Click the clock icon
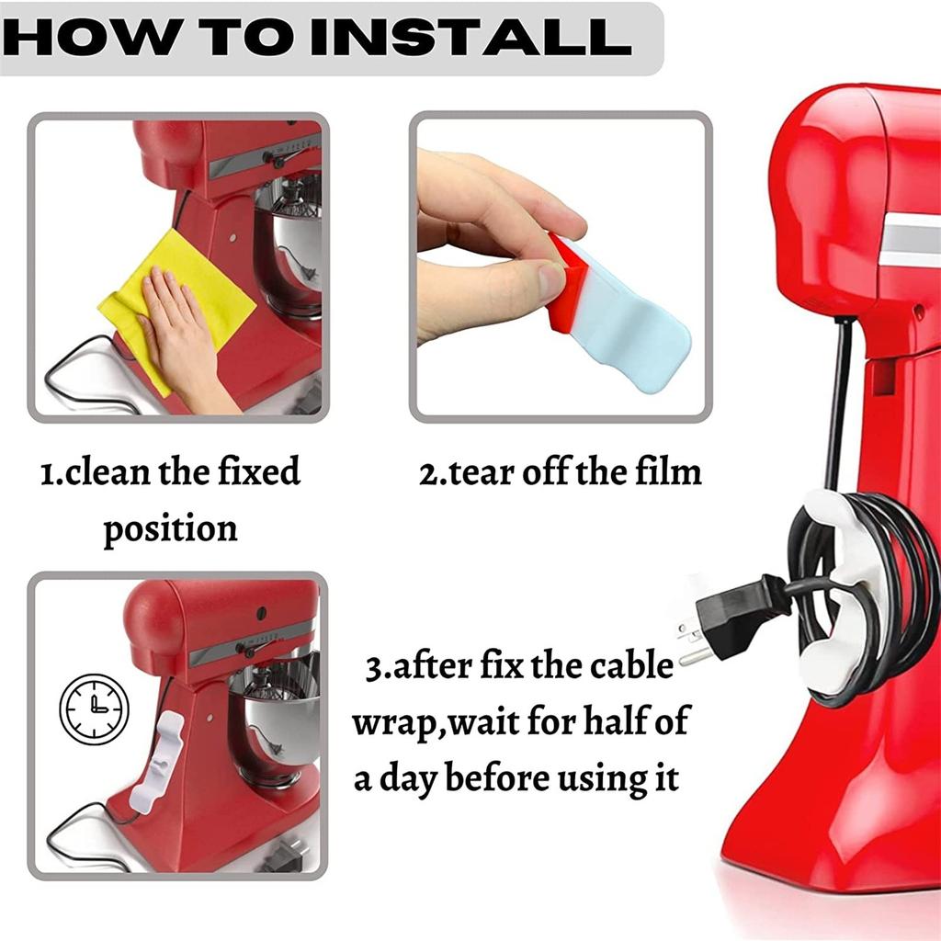click(x=94, y=709)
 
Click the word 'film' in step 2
click(x=668, y=471)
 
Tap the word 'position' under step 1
click(x=170, y=529)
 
